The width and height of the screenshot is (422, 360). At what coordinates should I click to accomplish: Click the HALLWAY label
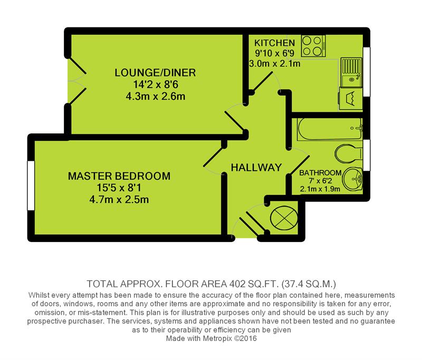[x=256, y=168]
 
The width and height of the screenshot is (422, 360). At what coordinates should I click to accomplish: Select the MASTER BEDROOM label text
[x=120, y=176]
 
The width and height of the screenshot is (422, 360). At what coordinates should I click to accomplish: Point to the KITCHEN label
[x=274, y=43]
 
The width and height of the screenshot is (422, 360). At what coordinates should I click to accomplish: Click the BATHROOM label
[x=320, y=172]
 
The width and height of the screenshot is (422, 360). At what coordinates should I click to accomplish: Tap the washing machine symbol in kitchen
[x=349, y=98]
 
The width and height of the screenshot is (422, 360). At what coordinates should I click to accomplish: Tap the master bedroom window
[x=30, y=187]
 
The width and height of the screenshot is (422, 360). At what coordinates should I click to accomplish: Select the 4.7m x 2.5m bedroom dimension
[x=120, y=199]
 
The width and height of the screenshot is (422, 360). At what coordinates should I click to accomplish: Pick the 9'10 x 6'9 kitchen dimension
[x=274, y=53]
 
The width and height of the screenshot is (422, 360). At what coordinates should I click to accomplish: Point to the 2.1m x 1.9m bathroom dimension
[x=320, y=189]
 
